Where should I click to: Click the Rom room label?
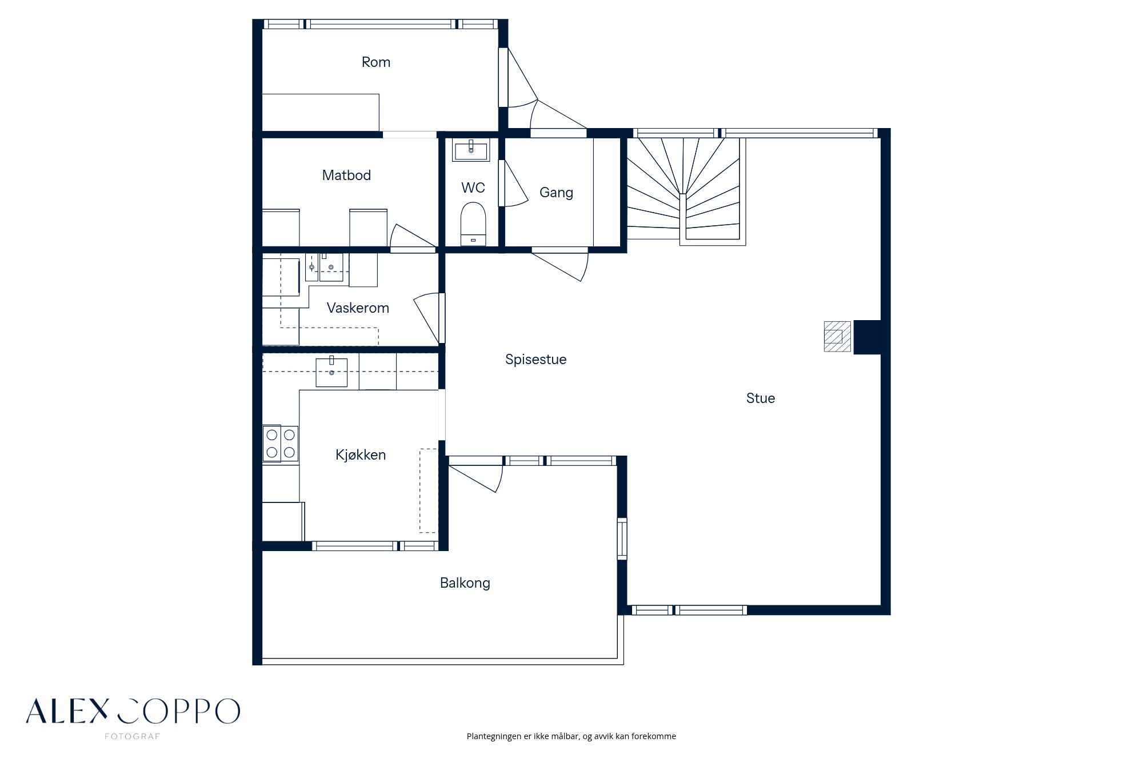pyautogui.click(x=376, y=62)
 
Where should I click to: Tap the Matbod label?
pyautogui.click(x=346, y=175)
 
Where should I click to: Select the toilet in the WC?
pyautogui.click(x=473, y=224)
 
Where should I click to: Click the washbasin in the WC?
pyautogui.click(x=471, y=150)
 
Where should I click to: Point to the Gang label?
pyautogui.click(x=556, y=193)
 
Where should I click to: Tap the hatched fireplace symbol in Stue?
pyautogui.click(x=837, y=336)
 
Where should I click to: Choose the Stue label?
pyautogui.click(x=761, y=398)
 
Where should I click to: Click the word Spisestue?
pyautogui.click(x=536, y=360)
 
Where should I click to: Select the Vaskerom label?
pyautogui.click(x=358, y=308)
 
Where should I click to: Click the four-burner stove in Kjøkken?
pyautogui.click(x=281, y=444)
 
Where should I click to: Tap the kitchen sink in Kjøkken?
pyautogui.click(x=331, y=372)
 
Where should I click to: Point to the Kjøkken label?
pyautogui.click(x=361, y=455)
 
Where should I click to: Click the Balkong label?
pyautogui.click(x=465, y=583)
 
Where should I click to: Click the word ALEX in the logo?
pyautogui.click(x=67, y=711)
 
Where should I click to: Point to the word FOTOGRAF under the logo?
pyautogui.click(x=132, y=736)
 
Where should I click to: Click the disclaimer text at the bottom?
pyautogui.click(x=571, y=736)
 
